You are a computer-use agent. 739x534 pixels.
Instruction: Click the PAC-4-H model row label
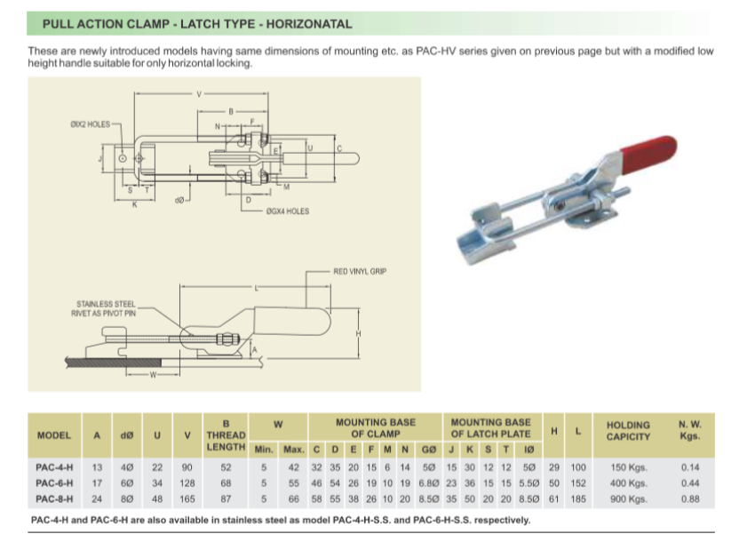pos(54,467)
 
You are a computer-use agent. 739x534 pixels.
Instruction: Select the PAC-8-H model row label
pos(54,499)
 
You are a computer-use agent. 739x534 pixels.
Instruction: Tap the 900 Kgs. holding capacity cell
pos(628,499)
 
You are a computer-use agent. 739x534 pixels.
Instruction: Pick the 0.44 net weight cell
pos(688,483)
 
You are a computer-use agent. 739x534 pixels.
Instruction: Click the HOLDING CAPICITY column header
pos(628,431)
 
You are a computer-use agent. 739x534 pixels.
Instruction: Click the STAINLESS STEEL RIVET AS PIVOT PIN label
pos(106,308)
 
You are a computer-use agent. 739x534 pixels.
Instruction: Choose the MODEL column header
pos(54,435)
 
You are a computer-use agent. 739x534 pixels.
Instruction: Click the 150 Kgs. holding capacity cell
pos(628,467)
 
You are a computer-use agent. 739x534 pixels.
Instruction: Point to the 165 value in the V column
pos(187,499)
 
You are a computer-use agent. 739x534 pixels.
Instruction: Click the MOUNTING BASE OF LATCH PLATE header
pos(490,427)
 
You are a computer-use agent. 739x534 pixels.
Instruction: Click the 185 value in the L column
pos(578,499)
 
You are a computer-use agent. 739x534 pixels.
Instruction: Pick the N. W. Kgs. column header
pos(688,431)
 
